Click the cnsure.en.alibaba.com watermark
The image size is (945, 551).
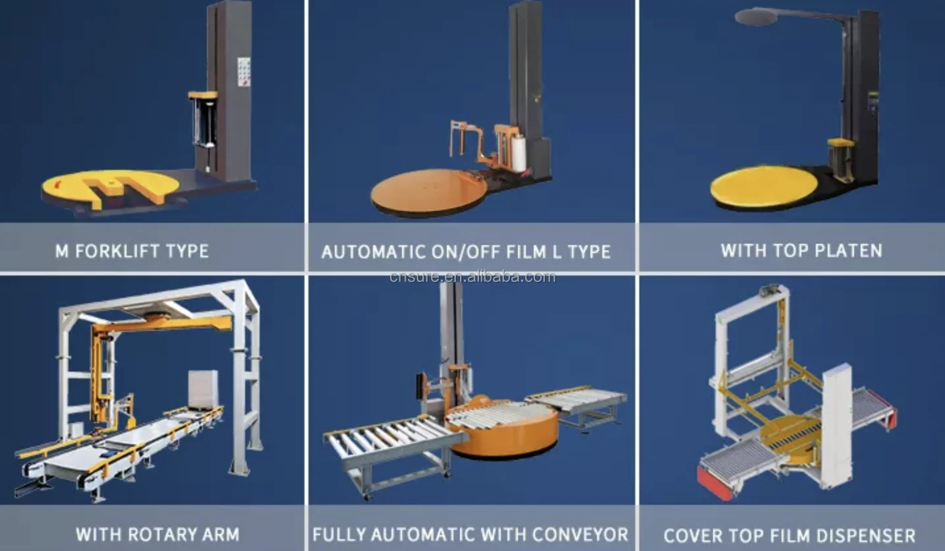pos(472,277)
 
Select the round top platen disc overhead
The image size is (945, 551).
pos(757,16)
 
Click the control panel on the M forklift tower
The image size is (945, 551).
pos(243,72)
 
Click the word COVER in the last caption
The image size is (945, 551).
pos(695,536)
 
